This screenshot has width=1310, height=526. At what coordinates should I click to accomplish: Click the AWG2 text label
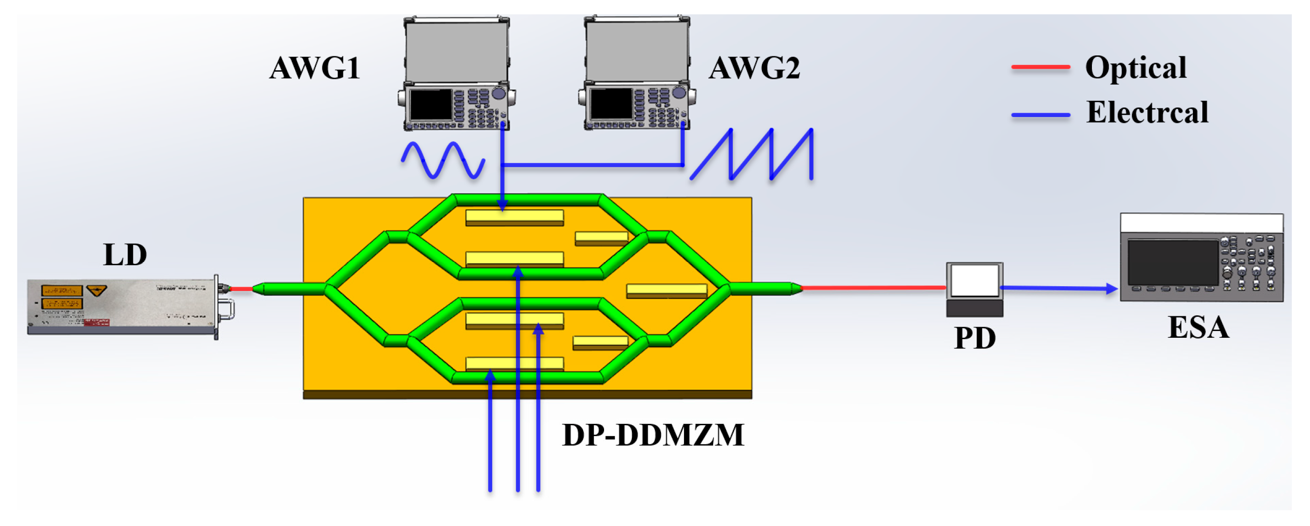tap(754, 68)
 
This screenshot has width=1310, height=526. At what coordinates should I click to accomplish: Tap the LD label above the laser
tap(125, 255)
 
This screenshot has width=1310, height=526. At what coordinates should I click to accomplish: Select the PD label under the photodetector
tap(974, 338)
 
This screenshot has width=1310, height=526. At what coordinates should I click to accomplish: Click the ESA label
tap(1198, 327)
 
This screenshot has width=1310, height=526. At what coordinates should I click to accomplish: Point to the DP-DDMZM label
tap(653, 435)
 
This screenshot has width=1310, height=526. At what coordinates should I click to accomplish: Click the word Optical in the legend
tap(1135, 67)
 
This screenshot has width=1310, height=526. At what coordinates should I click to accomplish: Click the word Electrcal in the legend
tap(1147, 112)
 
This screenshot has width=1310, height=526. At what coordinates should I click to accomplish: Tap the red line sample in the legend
tap(1040, 67)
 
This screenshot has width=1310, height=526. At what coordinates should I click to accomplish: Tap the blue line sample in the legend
tap(1040, 115)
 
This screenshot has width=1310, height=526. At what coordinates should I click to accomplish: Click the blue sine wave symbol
tap(442, 160)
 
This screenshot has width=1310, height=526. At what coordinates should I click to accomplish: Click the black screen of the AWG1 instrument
tap(431, 105)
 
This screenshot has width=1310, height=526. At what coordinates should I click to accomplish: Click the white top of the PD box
tap(974, 280)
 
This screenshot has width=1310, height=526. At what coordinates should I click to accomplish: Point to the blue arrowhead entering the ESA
tap(1112, 289)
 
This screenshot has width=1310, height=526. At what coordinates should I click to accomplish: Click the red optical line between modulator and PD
tap(872, 288)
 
